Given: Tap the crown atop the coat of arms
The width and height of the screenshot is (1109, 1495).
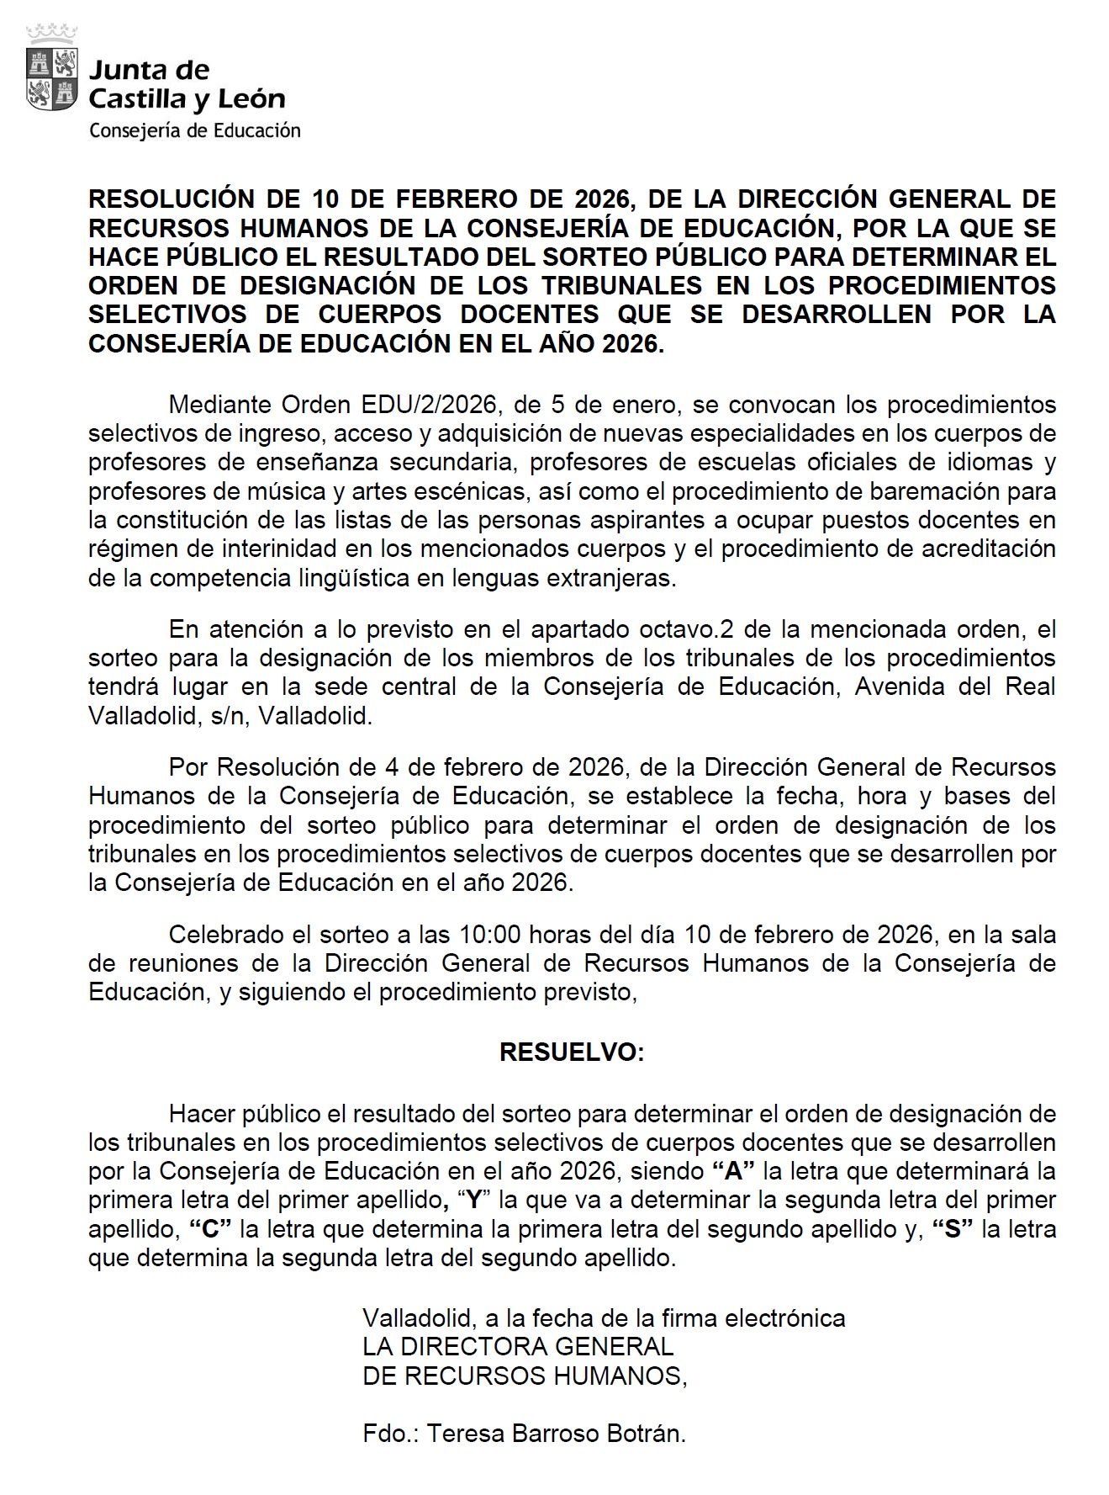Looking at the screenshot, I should tap(52, 34).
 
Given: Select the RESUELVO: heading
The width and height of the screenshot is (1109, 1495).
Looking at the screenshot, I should tap(572, 1053).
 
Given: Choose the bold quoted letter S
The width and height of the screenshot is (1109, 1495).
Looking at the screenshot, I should tap(953, 1229).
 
